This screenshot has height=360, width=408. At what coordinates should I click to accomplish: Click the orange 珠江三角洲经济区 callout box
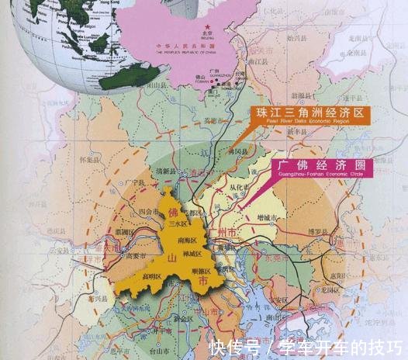(309, 116)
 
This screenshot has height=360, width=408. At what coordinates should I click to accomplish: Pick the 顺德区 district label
(201, 272)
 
